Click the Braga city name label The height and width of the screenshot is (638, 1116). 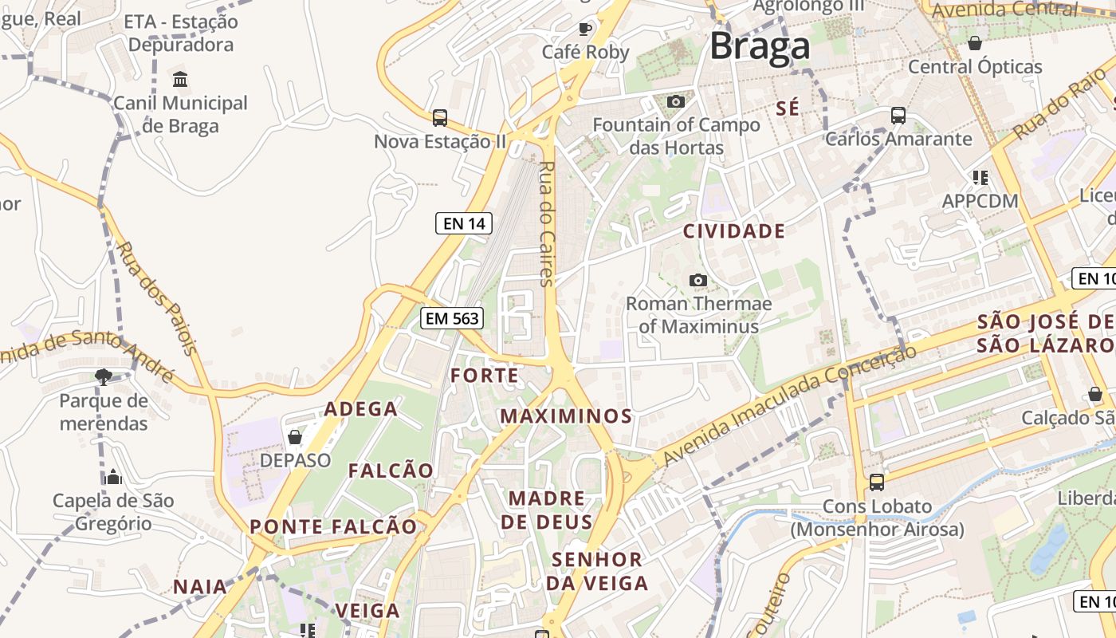[760, 46]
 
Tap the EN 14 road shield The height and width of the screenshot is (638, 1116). [464, 223]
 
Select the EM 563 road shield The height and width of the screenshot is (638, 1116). [452, 319]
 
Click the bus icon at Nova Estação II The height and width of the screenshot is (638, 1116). [439, 118]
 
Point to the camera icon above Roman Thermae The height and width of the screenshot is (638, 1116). [698, 281]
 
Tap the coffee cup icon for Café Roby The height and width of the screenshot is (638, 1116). [585, 30]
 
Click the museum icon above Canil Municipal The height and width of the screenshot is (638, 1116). [180, 80]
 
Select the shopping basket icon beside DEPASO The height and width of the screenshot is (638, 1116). [295, 437]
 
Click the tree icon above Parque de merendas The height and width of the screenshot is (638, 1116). [103, 377]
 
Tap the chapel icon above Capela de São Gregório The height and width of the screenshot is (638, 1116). [113, 477]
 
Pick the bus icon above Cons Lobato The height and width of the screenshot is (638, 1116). [877, 482]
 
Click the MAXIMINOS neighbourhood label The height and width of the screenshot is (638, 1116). [566, 416]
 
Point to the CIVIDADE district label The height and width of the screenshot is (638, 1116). [734, 232]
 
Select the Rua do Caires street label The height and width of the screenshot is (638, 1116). [546, 223]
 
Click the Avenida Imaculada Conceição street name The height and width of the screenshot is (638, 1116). [789, 407]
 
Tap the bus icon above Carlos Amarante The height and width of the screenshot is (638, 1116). [898, 116]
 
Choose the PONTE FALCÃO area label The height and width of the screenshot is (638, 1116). [333, 527]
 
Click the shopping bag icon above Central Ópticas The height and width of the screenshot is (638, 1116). [974, 43]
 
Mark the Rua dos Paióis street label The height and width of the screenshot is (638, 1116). [157, 297]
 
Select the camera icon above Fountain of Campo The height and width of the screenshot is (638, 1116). [675, 102]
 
